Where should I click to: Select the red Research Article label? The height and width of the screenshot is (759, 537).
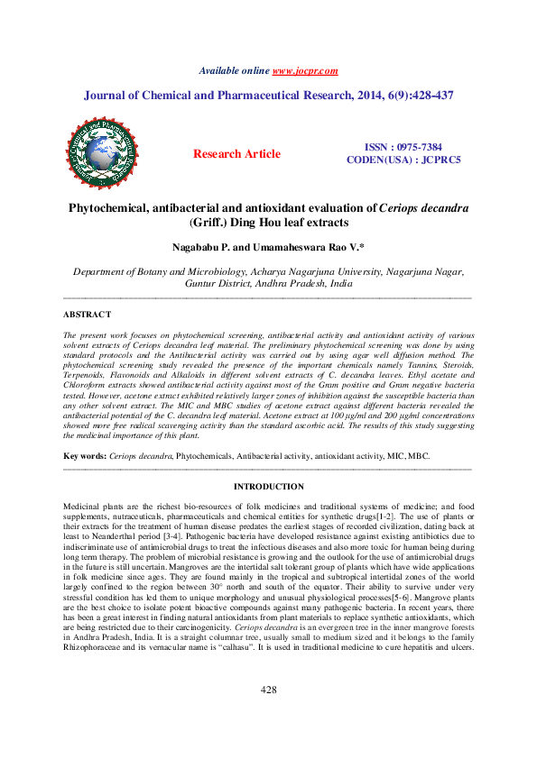(236, 154)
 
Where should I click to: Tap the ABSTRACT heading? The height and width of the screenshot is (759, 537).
(87, 315)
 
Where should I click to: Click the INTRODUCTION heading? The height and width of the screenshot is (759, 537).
(268, 487)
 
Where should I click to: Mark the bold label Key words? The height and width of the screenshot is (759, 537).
(84, 457)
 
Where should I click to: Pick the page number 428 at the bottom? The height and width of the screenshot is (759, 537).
(268, 714)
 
